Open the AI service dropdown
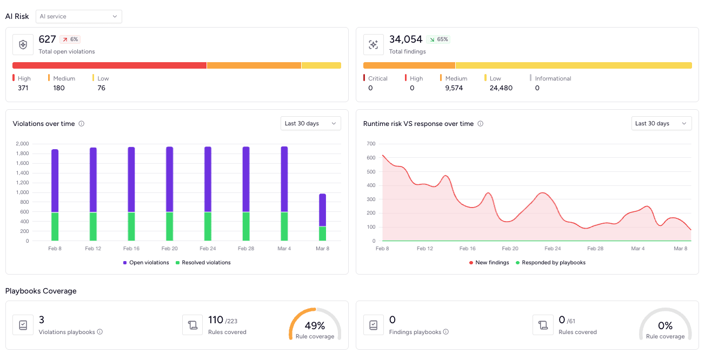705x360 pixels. click(x=79, y=16)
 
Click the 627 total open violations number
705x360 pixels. click(x=47, y=39)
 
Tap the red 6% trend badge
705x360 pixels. click(x=70, y=39)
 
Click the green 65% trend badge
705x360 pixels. click(x=438, y=39)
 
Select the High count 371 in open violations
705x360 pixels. click(x=23, y=88)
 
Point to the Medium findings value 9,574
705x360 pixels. click(x=454, y=88)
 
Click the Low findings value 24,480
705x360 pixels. click(x=501, y=88)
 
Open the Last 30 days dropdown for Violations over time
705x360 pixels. click(x=311, y=123)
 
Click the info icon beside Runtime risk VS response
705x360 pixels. click(x=480, y=124)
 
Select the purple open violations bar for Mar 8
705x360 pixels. click(x=323, y=210)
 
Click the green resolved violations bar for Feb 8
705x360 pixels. click(x=55, y=226)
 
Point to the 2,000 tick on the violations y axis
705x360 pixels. click(x=22, y=144)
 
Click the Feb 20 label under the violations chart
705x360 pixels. click(x=170, y=249)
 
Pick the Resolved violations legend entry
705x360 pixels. click(x=203, y=263)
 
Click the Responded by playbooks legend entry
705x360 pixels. click(x=550, y=263)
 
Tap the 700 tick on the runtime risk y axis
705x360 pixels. click(x=371, y=144)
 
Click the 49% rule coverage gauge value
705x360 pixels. click(x=315, y=325)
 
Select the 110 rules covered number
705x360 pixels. click(x=216, y=319)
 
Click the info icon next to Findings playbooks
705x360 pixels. click(x=446, y=332)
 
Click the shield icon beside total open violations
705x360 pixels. click(x=23, y=45)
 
